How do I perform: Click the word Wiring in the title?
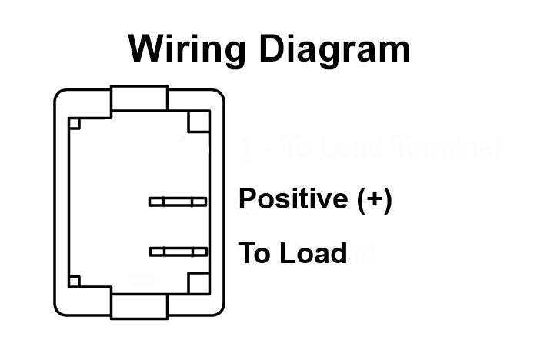tap(188, 48)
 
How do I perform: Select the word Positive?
tap(293, 199)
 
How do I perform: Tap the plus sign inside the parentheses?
tap(374, 199)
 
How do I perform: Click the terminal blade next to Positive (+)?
tap(178, 202)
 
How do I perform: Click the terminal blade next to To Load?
tap(179, 252)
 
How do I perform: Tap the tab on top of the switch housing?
tap(139, 98)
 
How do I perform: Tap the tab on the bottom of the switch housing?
tap(139, 305)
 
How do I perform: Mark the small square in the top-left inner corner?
tap(74, 123)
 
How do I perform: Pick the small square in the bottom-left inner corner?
tap(74, 282)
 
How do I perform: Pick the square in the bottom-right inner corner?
tap(199, 283)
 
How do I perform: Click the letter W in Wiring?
tap(147, 48)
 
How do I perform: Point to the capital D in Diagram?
tap(273, 48)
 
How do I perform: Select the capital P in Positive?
tap(247, 199)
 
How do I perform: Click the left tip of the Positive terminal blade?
tap(151, 202)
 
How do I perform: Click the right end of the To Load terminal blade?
tap(205, 252)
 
